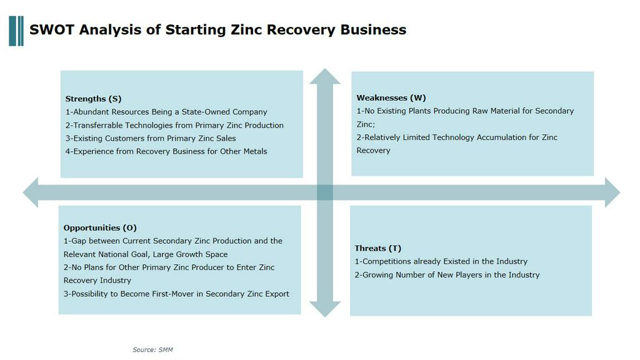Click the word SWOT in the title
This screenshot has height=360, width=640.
[x=51, y=30]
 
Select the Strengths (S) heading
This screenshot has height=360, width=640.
[x=94, y=99]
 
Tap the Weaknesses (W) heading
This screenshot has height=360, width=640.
[x=391, y=98]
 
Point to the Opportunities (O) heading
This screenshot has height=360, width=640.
[x=100, y=227]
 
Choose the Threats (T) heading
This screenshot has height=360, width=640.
[x=378, y=248]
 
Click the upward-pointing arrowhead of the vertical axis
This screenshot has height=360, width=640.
[x=325, y=76]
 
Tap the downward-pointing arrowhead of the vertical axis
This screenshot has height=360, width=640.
[x=325, y=309]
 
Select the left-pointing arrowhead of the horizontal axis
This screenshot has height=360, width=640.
[x=31, y=192]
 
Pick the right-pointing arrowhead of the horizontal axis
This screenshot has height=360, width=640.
[x=612, y=192]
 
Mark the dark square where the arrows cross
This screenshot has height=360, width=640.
[x=325, y=192]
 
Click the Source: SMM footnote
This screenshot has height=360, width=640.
[x=152, y=350]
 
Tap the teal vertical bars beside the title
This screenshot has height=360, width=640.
[x=16, y=31]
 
